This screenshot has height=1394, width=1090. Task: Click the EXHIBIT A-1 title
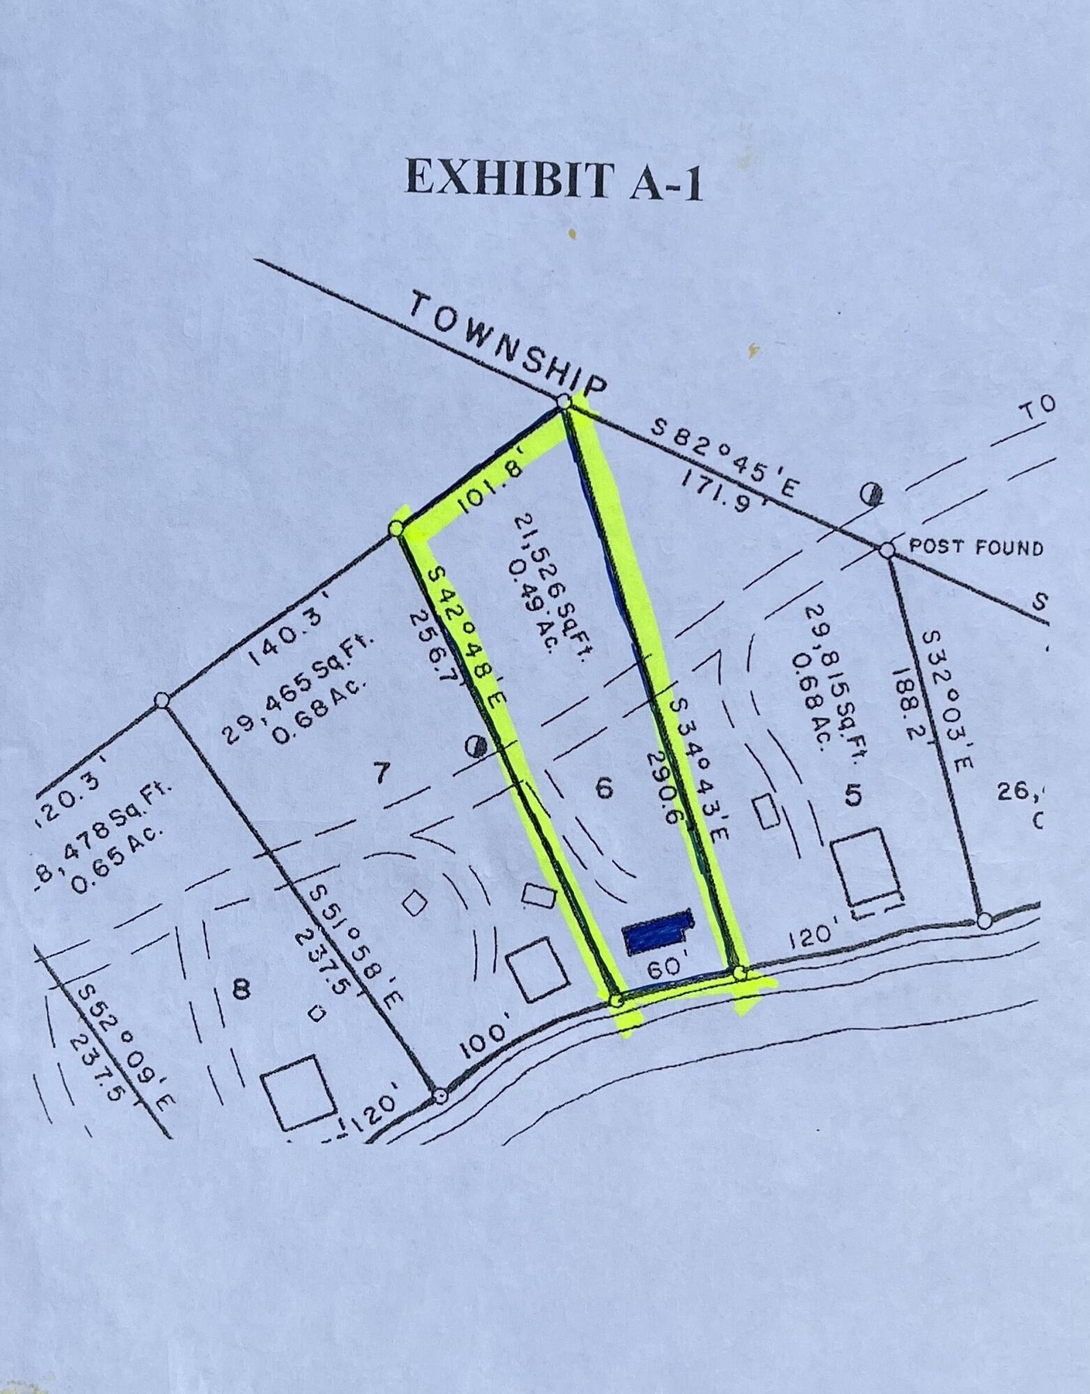click(x=554, y=180)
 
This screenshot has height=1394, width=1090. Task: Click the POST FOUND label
click(x=976, y=548)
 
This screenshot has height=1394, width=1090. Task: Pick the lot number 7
click(x=380, y=773)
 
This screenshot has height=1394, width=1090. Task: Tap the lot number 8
click(x=241, y=989)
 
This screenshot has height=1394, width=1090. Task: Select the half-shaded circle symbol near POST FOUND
click(x=872, y=494)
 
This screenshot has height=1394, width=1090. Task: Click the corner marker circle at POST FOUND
click(x=886, y=550)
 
